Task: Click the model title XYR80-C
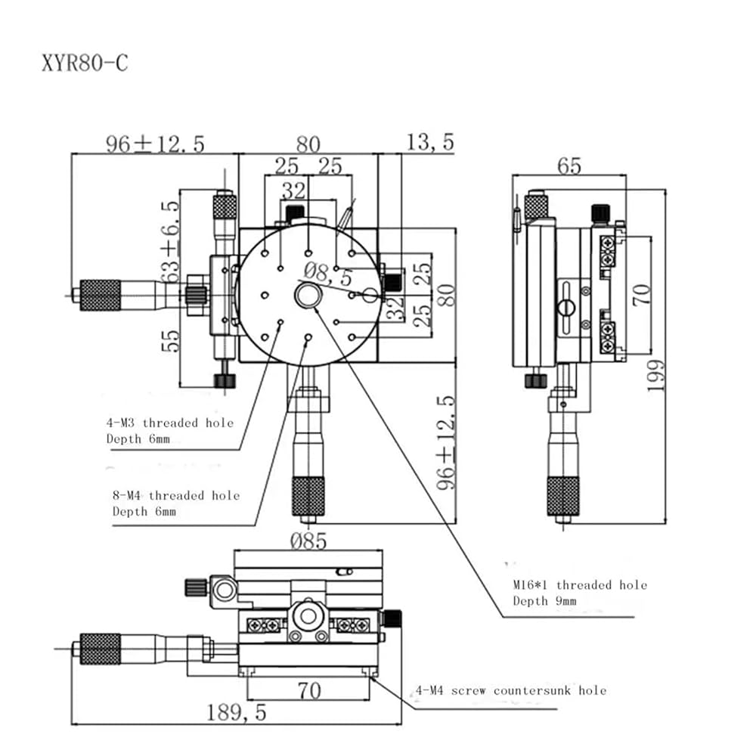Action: pyautogui.click(x=85, y=63)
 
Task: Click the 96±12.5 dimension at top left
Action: pyautogui.click(x=155, y=144)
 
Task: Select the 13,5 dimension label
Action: pyautogui.click(x=430, y=142)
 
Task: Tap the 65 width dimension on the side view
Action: pyautogui.click(x=568, y=166)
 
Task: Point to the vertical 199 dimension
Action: pyautogui.click(x=655, y=375)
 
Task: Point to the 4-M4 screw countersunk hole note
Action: pyautogui.click(x=510, y=690)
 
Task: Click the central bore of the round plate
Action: pyautogui.click(x=308, y=294)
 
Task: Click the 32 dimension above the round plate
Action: pyautogui.click(x=293, y=190)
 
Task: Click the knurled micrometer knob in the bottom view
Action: pyautogui.click(x=100, y=649)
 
